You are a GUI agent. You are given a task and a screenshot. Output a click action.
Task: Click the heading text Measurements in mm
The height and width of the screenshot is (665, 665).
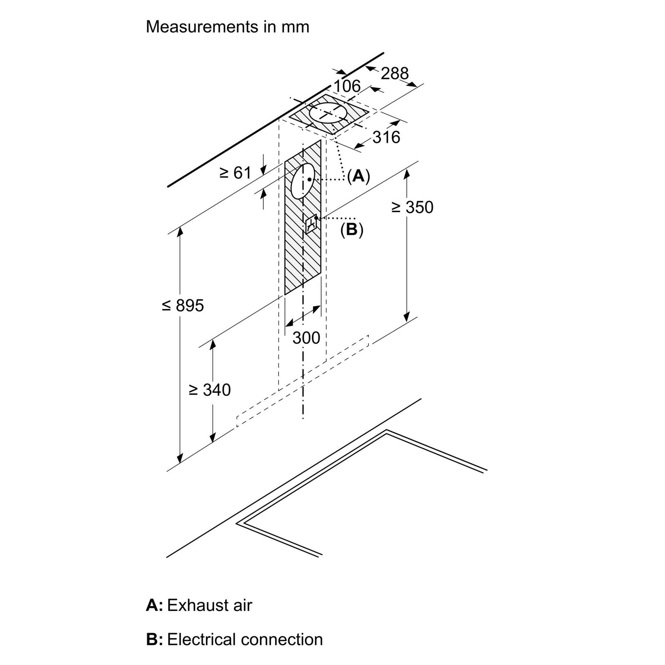click(x=227, y=27)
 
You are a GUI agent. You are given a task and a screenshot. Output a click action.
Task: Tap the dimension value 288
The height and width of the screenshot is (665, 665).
click(x=395, y=73)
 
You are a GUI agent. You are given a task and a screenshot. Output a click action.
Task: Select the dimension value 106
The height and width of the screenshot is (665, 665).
click(x=347, y=86)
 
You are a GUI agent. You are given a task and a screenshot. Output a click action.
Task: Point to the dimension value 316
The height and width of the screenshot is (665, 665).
click(x=386, y=137)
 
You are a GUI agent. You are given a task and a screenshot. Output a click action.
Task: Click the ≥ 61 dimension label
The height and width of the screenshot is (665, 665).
click(x=235, y=173)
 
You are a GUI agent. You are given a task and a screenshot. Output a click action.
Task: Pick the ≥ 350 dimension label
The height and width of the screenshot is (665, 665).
click(x=412, y=207)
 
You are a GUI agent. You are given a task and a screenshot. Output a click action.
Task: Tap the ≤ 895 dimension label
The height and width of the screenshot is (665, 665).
click(x=183, y=306)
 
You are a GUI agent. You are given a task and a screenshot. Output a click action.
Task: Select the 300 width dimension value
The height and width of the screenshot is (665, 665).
click(x=306, y=338)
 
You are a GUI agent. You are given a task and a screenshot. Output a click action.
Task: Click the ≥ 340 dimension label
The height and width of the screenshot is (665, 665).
click(x=209, y=390)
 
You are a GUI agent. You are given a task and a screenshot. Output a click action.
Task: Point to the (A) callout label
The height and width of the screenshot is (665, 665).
click(x=358, y=176)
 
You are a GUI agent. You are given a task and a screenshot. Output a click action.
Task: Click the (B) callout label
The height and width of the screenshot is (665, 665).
click(x=352, y=230)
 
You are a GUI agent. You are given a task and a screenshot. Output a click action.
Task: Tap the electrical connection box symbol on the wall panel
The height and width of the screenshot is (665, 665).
click(x=311, y=224)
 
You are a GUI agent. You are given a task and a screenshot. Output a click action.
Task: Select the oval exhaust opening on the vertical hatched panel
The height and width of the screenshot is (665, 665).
click(x=303, y=181)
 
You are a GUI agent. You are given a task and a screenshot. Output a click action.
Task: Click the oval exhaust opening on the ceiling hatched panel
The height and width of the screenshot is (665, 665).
click(x=328, y=112)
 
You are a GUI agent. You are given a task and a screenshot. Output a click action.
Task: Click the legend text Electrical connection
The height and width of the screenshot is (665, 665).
click(x=245, y=640)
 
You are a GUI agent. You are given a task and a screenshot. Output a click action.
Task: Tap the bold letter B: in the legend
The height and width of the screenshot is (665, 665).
click(x=154, y=640)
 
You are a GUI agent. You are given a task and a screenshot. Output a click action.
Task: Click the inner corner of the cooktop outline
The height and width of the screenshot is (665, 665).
click(x=387, y=432)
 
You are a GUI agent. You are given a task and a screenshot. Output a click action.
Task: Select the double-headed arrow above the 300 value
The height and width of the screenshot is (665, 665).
click(x=303, y=316)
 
